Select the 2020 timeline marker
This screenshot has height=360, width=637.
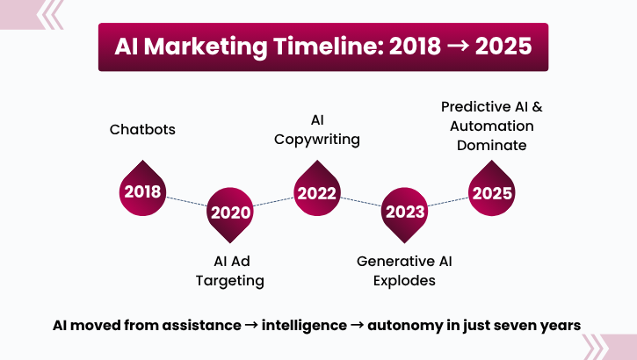click(229, 212)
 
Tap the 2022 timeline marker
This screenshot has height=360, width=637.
click(316, 191)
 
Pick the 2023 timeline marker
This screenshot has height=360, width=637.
click(404, 212)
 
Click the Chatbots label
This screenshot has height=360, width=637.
click(142, 129)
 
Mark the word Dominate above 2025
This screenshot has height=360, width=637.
click(491, 145)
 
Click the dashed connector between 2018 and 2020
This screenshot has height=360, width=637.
click(185, 202)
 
